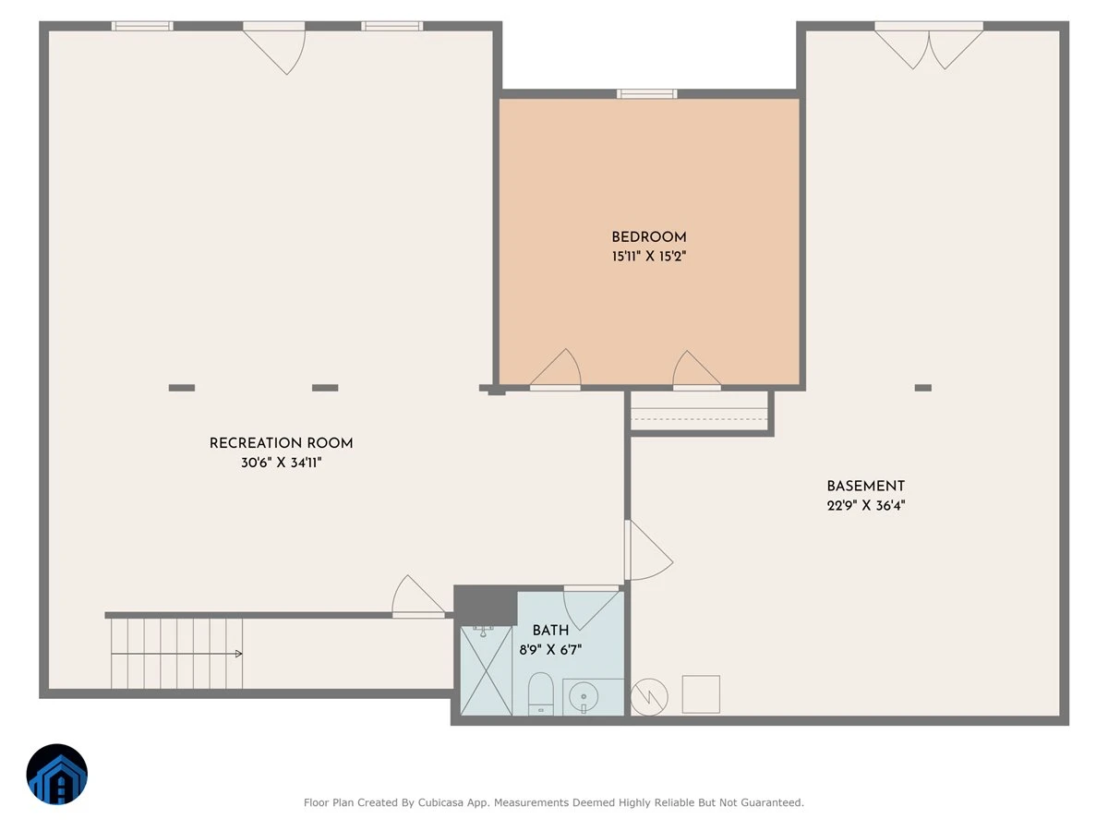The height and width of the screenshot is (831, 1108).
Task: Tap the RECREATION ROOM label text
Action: point(282,443)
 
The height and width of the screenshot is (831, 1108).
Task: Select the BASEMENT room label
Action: point(866,486)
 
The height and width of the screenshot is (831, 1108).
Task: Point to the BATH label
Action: point(550,631)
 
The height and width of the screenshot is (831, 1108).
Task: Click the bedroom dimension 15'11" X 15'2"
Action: point(649,257)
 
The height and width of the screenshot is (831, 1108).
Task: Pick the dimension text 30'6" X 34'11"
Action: point(282,463)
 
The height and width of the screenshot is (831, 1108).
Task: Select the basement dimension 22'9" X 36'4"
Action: point(866,505)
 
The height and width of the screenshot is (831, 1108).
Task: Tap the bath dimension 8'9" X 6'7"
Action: point(550,649)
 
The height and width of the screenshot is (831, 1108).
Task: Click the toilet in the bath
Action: point(541,693)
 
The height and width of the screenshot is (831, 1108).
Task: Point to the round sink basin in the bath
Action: point(584,697)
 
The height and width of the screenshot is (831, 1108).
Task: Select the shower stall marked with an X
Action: point(487,670)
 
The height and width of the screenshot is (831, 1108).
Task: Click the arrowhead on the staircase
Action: point(239,654)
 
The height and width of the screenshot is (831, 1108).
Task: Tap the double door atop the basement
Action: point(929,45)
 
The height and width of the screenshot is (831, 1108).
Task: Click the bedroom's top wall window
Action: point(646,94)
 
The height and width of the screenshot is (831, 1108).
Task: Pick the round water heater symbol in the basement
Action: point(649,697)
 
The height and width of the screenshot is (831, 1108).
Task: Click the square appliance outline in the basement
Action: point(701,694)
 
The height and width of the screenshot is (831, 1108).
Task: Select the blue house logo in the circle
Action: point(57,774)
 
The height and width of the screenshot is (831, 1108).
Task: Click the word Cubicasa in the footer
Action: point(440,802)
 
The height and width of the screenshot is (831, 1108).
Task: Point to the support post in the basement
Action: point(923,388)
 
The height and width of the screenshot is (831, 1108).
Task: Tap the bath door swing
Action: point(591,608)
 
